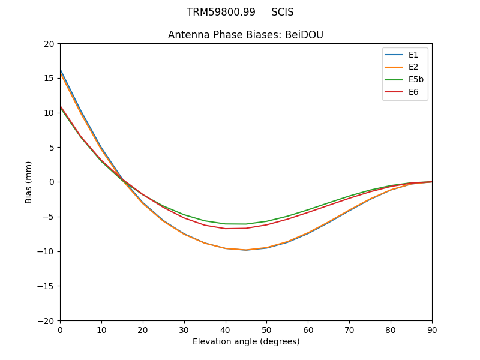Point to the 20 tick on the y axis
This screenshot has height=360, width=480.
click(x=49, y=44)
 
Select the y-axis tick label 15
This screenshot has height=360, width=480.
click(x=49, y=78)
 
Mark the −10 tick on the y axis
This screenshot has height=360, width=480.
click(x=47, y=251)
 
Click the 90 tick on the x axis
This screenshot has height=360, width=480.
click(x=432, y=330)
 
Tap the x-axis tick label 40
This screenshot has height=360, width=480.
click(x=226, y=330)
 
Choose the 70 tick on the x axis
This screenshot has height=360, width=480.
click(x=349, y=330)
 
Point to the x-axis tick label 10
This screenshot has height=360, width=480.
click(x=101, y=330)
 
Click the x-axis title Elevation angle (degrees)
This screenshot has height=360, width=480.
click(x=246, y=342)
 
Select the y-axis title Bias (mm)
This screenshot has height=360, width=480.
click(x=29, y=182)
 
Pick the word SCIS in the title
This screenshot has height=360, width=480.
click(x=283, y=12)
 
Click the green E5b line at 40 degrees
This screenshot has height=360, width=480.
click(x=226, y=224)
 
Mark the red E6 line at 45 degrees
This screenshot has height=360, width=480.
click(x=246, y=228)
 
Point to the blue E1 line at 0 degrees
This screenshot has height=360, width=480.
click(x=61, y=70)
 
